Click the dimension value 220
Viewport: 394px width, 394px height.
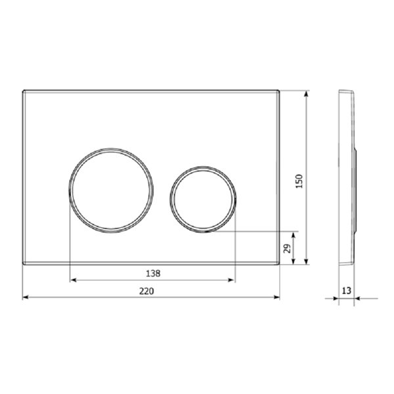(146, 291)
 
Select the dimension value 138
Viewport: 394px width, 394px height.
(153, 273)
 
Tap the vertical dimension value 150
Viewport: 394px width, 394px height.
(299, 181)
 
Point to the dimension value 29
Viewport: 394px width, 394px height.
(288, 248)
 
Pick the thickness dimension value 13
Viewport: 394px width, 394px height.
(346, 291)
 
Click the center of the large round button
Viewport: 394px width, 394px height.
(111, 190)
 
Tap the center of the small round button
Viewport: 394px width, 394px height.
(203, 199)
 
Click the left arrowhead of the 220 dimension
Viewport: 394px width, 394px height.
(26, 297)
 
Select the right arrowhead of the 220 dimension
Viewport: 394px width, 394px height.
(276, 297)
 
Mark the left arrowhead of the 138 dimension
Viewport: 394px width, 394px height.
(73, 280)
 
